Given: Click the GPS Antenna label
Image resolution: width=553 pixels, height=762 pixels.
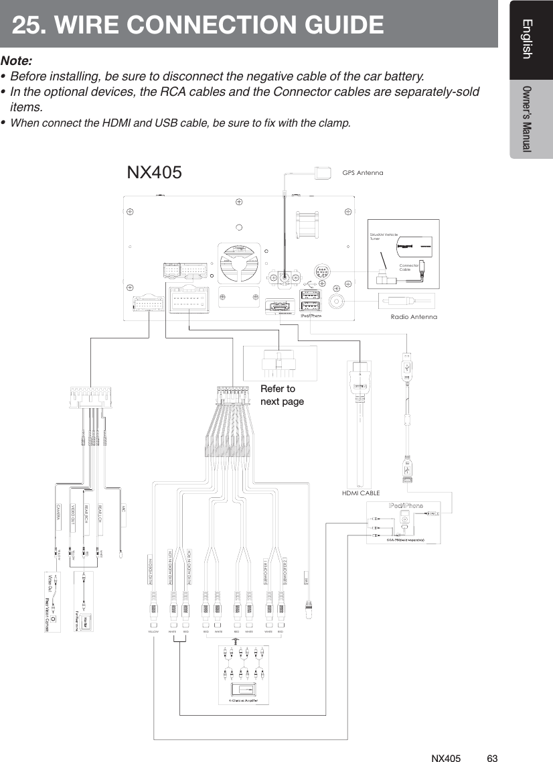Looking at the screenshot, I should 363,173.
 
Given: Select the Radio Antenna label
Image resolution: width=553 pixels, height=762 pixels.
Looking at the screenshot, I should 414,316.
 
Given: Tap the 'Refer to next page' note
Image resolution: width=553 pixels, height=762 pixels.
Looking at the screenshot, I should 282,395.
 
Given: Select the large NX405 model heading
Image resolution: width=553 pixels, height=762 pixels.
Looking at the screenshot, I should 154,172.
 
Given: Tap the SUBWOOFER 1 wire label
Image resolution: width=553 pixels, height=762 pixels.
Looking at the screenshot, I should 266,570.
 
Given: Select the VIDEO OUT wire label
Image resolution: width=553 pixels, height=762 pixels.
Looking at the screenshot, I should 74,515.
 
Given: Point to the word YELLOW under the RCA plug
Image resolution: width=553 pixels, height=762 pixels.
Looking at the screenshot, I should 154,631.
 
